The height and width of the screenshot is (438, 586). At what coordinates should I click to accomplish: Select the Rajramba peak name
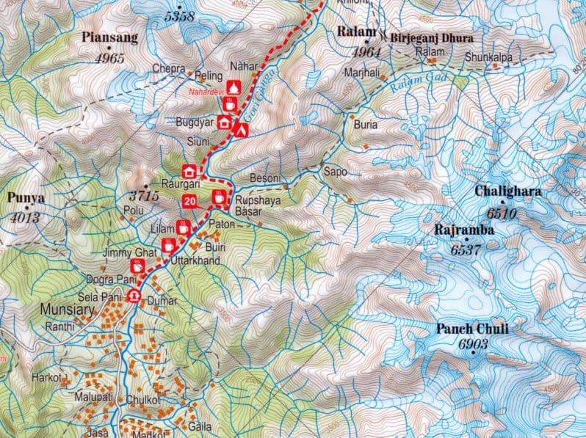[463, 230]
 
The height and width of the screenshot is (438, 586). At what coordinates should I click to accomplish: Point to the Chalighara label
[507, 192]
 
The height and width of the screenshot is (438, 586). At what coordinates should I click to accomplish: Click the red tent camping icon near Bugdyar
[240, 128]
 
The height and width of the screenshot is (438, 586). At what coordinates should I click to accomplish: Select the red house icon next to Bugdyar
[224, 123]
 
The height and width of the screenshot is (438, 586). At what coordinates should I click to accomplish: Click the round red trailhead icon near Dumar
[134, 296]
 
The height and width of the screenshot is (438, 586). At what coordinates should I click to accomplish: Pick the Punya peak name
[26, 197]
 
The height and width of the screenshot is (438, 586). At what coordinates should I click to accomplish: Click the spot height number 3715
[143, 196]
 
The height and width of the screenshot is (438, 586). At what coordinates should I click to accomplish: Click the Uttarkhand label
[195, 260]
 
